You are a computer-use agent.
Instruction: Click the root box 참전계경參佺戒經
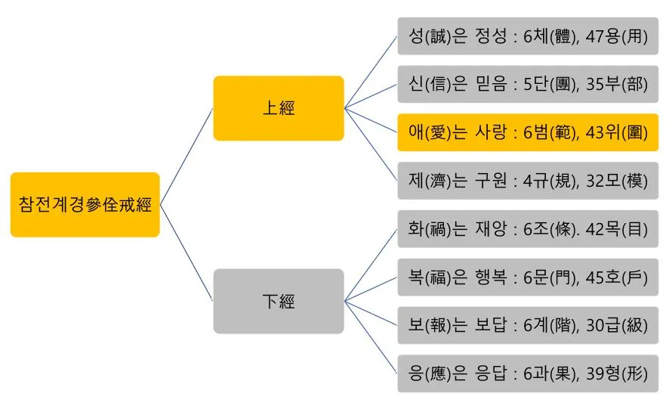click(x=85, y=205)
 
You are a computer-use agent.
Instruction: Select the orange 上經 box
click(x=279, y=108)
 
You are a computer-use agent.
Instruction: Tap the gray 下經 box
click(x=279, y=301)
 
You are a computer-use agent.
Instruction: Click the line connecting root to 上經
click(x=186, y=157)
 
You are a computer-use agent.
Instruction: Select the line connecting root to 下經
click(x=186, y=253)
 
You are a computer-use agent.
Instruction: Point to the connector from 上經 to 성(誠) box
click(x=371, y=72)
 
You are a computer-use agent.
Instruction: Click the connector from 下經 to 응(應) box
click(x=371, y=337)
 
